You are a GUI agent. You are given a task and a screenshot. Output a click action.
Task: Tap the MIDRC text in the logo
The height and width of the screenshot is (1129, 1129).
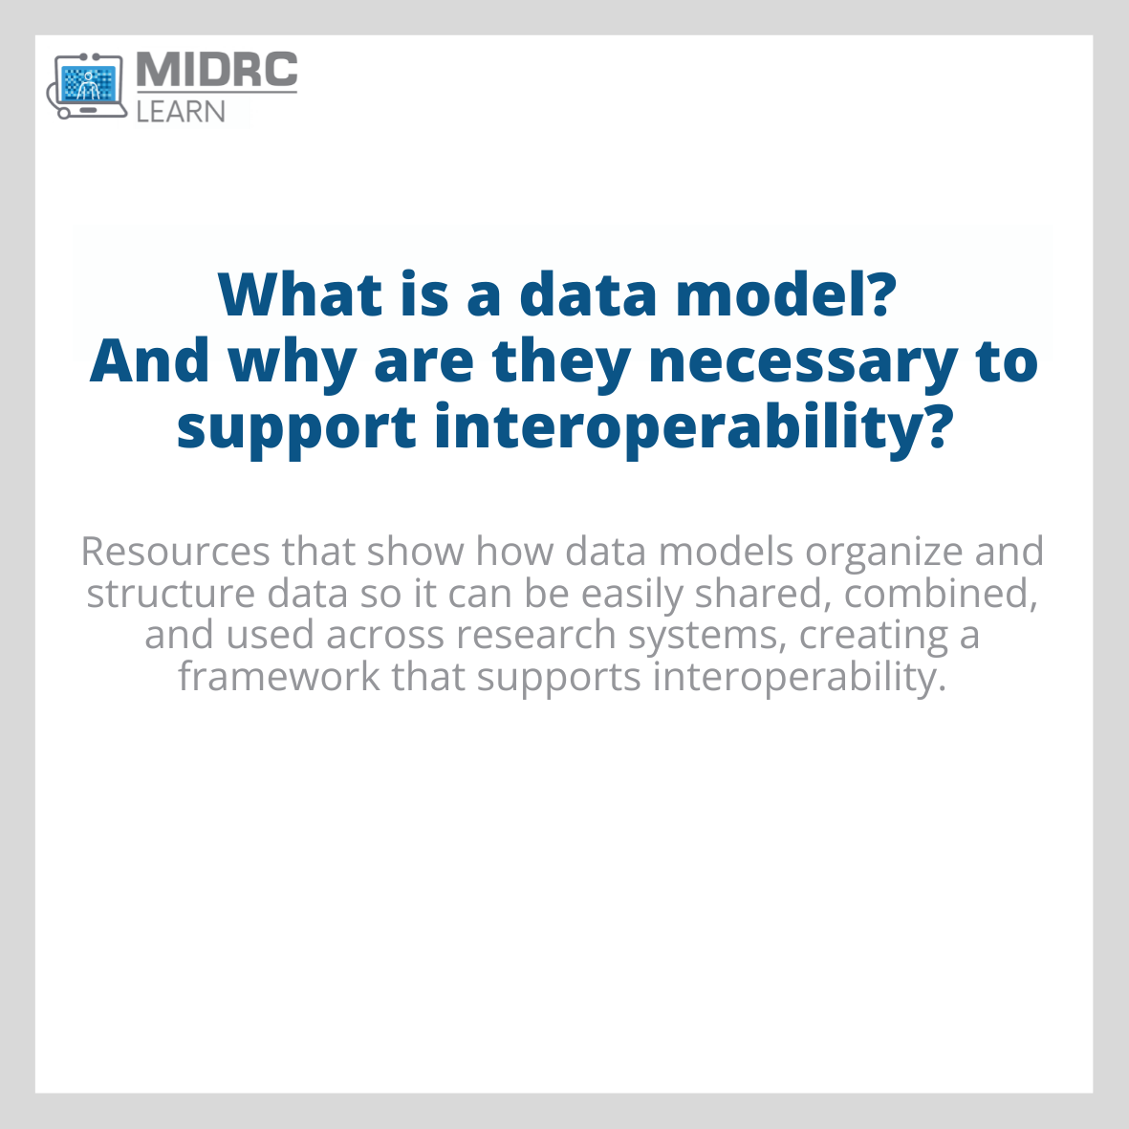pos(217,71)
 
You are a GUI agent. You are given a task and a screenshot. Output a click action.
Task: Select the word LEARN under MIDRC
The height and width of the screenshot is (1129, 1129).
pos(181,111)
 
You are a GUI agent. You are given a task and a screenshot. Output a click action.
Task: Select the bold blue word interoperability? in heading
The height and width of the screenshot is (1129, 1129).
pos(693,428)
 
